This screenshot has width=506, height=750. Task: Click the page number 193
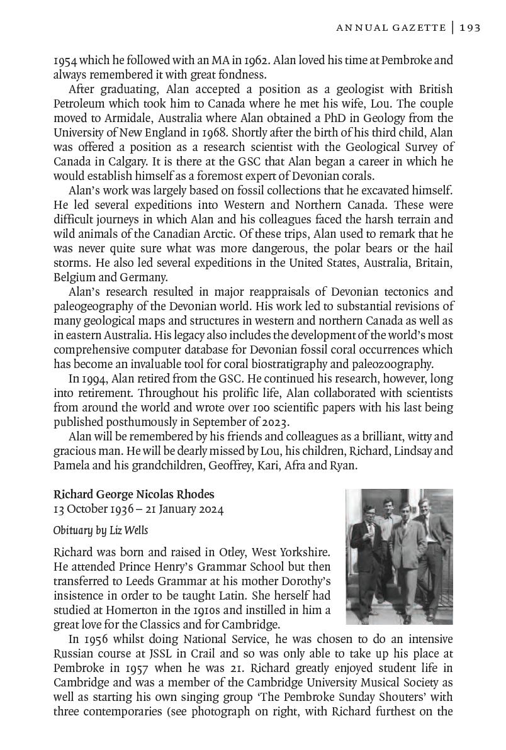tap(470, 27)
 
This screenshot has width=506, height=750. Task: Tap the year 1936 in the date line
tap(123, 508)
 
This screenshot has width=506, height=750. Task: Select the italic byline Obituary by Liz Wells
tap(101, 530)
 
